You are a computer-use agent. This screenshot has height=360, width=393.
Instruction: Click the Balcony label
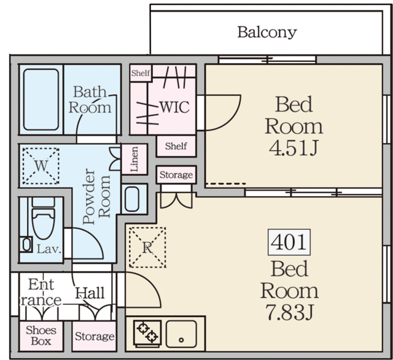(267, 33)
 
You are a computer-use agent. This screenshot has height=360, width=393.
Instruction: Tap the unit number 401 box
(289, 242)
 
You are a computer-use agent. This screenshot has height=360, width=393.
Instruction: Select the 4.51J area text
(294, 148)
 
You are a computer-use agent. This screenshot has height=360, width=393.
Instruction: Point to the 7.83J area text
(289, 312)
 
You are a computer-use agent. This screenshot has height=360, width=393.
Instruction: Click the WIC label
(174, 107)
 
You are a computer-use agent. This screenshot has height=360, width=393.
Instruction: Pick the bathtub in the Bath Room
(41, 99)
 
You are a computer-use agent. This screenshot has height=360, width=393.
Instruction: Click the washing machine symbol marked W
(41, 166)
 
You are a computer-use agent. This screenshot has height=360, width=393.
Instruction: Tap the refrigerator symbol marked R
(147, 247)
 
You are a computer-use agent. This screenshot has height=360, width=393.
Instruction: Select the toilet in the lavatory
(44, 218)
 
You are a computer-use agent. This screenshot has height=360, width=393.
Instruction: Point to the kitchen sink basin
(181, 334)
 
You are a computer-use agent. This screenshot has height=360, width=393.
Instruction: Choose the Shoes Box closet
(41, 336)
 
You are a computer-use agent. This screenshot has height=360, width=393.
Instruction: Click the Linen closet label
(134, 159)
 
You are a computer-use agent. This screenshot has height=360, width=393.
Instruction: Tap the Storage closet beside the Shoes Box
(94, 336)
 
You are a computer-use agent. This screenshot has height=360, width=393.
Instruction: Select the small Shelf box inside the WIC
(141, 73)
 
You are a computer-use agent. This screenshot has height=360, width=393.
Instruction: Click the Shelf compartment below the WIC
(176, 146)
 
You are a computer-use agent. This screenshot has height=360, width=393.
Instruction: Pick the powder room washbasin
(132, 199)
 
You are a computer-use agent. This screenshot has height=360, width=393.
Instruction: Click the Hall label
(90, 293)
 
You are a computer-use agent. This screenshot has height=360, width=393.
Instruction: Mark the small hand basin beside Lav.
(26, 244)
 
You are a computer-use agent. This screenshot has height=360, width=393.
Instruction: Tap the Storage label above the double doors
(176, 175)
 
